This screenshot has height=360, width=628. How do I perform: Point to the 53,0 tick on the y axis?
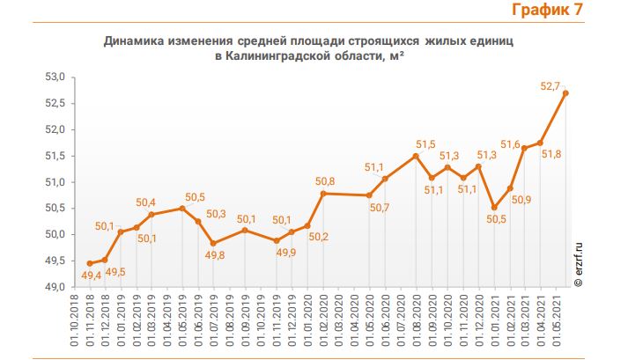54,77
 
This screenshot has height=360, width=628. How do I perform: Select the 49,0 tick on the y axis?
54,287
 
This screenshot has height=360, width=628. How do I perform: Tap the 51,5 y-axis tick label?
54,156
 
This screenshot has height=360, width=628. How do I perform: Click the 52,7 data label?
551,86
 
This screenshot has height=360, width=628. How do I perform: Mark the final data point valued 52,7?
565,93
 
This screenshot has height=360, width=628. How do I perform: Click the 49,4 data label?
91,276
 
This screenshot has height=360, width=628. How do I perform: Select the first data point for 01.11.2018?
89,263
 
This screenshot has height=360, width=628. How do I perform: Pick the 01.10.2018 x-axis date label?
74,322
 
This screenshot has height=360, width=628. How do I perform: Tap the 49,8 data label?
215,255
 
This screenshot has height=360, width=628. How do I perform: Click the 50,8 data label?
324,181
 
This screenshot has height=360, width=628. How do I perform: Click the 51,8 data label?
551,155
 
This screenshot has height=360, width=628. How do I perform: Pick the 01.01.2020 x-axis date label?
305,322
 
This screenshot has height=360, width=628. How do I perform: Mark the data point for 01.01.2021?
494,208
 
